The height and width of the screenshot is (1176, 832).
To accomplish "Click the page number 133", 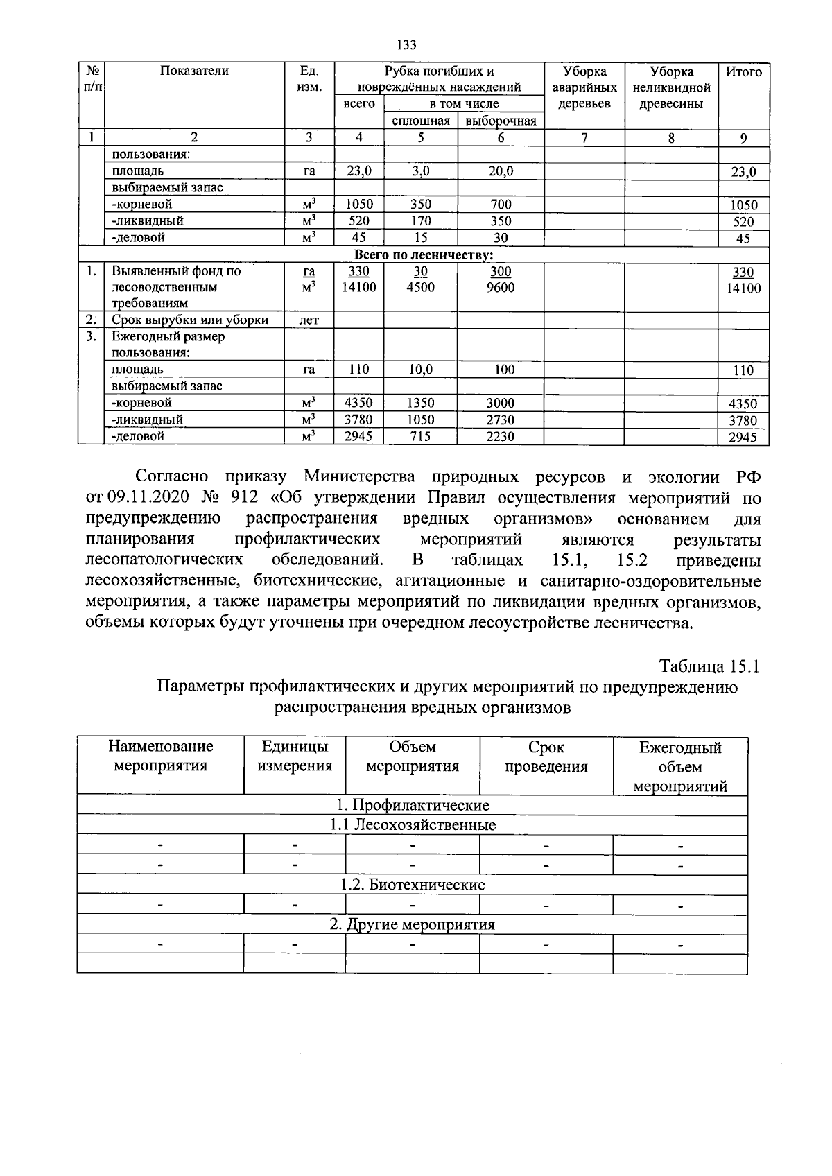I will (x=406, y=46).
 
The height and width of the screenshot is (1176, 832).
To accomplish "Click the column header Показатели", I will (x=194, y=71).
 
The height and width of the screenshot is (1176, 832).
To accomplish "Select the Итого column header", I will (x=743, y=71).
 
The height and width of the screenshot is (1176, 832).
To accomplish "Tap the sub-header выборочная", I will (x=501, y=121).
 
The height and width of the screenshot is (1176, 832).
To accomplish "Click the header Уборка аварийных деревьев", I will (x=584, y=87).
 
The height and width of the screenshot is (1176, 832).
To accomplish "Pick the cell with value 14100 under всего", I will (x=358, y=287).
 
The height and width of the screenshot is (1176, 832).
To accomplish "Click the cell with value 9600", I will (x=501, y=287).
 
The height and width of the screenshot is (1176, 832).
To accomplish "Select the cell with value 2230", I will (x=501, y=436).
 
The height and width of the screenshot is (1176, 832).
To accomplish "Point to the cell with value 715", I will (x=420, y=436).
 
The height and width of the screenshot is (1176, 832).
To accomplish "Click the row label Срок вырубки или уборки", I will (x=190, y=320).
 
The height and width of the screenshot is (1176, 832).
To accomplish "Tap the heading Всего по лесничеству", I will (x=424, y=255).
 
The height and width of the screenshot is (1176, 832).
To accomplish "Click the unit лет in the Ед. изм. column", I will (x=309, y=320).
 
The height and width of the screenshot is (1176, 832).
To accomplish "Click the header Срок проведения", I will (x=546, y=756).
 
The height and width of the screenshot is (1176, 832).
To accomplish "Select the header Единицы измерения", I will (x=295, y=756).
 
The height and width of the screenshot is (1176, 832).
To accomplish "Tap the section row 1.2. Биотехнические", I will (x=412, y=885).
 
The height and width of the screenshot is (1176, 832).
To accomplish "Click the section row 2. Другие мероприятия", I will (x=412, y=925).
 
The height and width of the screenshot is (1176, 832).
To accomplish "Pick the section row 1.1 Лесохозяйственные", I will (x=412, y=825).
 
